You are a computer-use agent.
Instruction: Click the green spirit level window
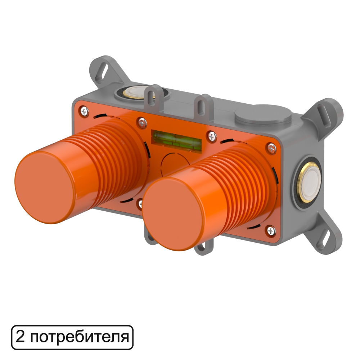pyautogui.click(x=176, y=141)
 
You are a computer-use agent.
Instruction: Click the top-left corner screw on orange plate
pyautogui.click(x=84, y=112)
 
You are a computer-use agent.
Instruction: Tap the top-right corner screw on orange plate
pyautogui.click(x=271, y=148)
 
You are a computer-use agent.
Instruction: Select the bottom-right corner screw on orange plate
pyautogui.click(x=271, y=231)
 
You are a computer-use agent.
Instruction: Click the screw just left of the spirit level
pyautogui.click(x=142, y=123)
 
